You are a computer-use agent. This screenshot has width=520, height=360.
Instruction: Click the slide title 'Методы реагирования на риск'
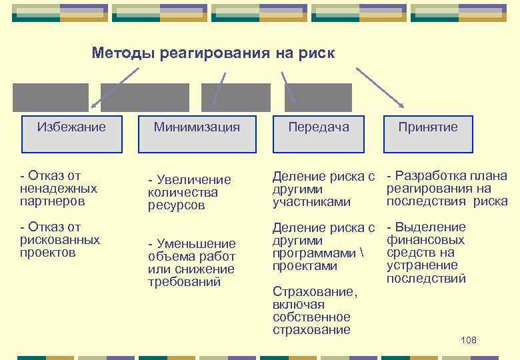click(213, 52)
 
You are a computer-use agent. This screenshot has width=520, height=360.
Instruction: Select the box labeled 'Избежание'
click(71, 127)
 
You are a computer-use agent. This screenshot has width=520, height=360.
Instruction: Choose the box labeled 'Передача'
click(319, 127)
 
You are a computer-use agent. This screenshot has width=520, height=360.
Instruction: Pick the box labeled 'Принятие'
click(427, 127)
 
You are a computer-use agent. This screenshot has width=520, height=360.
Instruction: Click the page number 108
click(469, 341)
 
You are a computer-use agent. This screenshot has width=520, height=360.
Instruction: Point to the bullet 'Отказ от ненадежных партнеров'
click(59, 188)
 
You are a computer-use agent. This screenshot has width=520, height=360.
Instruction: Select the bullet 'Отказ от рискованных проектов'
click(60, 240)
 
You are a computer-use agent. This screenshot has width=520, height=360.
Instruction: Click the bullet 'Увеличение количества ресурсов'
click(189, 192)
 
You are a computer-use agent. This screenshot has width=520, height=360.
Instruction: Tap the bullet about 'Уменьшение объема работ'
click(191, 263)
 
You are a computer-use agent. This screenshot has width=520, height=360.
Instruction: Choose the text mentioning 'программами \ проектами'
click(324, 247)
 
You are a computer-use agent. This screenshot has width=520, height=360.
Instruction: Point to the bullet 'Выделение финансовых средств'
click(427, 253)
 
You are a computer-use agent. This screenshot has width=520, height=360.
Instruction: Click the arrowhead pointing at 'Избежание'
click(93, 105)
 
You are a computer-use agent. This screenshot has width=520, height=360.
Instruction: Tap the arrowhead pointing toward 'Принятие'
click(401, 105)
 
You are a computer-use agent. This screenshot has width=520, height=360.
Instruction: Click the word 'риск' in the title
click(318, 52)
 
